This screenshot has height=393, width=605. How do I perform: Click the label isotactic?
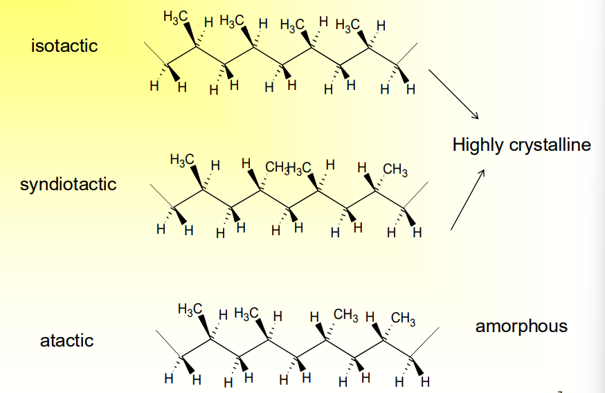pos(64,46)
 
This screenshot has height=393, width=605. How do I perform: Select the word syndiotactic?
pos(69,185)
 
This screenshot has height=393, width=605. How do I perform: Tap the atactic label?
pos(66,340)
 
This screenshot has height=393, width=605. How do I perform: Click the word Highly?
pos(478,145)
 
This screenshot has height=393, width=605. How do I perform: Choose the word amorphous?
pos(521,327)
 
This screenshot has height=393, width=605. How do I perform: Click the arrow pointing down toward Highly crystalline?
pos(453,93)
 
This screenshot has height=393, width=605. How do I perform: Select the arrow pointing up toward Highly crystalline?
pos(467,200)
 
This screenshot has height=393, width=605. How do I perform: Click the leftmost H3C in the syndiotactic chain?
pos(181,161)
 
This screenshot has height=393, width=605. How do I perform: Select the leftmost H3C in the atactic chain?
pos(190,309)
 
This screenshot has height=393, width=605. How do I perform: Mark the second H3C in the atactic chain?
pos(246,313)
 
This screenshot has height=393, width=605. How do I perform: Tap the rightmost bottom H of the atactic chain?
pos(425,381)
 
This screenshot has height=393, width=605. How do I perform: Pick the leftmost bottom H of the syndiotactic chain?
pos(160,229)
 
